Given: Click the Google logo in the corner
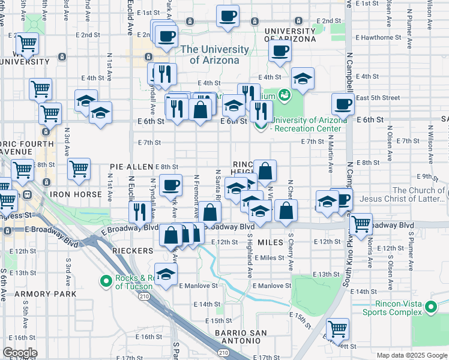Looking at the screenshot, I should pyautogui.click(x=20, y=353).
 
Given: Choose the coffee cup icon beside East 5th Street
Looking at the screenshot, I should pyautogui.click(x=343, y=103).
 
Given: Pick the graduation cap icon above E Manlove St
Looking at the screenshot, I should pyautogui.click(x=166, y=274).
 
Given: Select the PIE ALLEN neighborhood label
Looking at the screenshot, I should pyautogui.click(x=132, y=167).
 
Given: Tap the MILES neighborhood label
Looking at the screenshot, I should pyautogui.click(x=270, y=242).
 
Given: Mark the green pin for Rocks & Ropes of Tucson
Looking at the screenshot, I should pyautogui.click(x=106, y=280).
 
